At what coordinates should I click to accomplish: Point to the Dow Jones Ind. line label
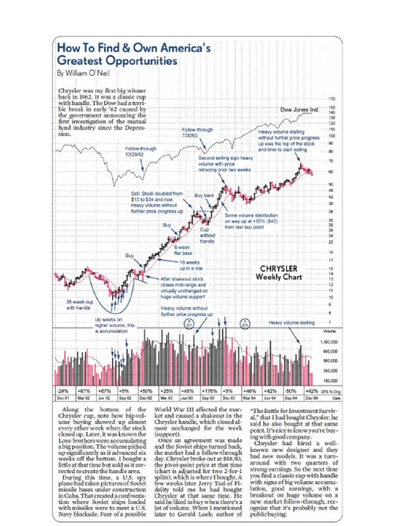[x=300, y=110]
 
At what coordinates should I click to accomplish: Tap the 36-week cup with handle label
[x=78, y=305]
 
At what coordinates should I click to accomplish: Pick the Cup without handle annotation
[x=207, y=235]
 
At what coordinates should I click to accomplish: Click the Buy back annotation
[x=204, y=195]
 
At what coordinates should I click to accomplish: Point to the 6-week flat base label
[x=183, y=250]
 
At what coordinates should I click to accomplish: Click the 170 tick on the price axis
[x=332, y=97]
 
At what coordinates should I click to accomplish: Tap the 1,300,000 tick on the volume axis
[x=328, y=341]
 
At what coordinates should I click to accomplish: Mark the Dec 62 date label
[x=146, y=397]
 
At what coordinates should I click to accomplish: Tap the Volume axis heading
[x=329, y=332]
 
